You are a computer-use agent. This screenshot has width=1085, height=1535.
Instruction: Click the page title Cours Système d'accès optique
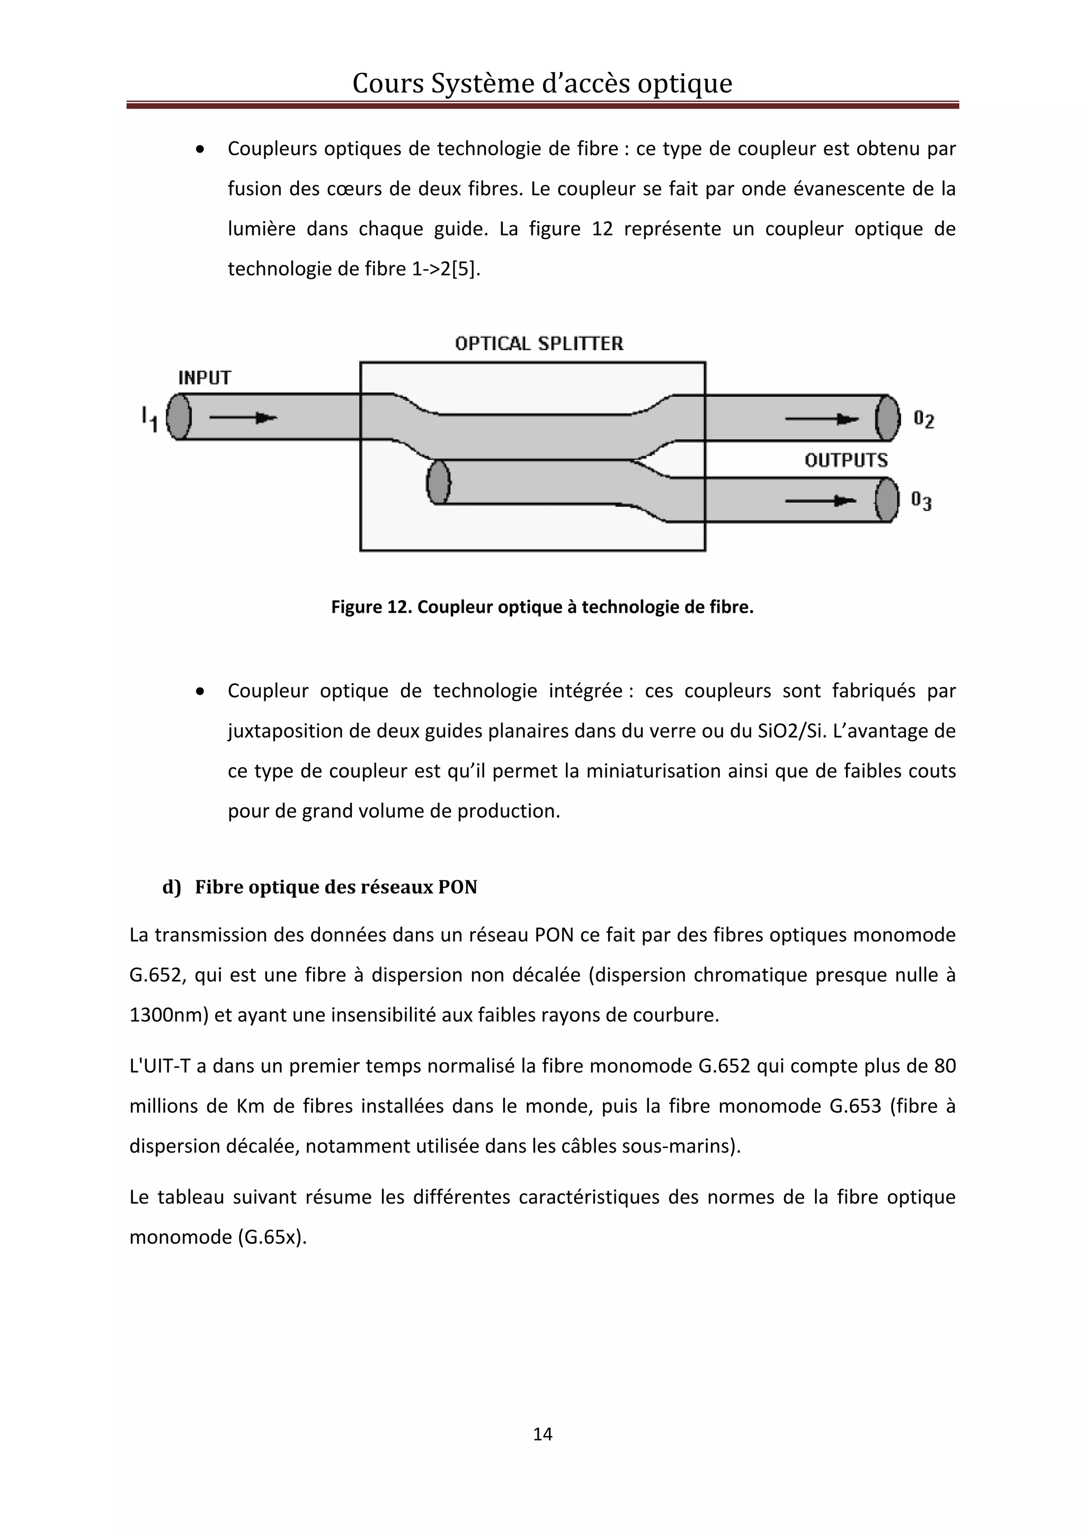542,83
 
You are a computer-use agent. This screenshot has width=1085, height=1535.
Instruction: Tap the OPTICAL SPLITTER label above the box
539,344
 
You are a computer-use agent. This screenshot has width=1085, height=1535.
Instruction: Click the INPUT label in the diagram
204,378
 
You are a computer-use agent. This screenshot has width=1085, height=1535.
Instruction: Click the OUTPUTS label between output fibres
846,460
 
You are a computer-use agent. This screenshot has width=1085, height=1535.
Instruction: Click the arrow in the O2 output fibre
822,419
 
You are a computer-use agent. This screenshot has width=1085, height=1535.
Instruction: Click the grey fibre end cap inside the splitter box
439,482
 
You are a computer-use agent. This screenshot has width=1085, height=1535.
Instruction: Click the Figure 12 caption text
542,607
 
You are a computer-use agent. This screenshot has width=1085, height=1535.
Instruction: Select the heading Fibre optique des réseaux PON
335,887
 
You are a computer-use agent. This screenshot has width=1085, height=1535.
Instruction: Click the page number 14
542,1434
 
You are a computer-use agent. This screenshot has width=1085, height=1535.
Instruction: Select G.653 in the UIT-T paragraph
855,1106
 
